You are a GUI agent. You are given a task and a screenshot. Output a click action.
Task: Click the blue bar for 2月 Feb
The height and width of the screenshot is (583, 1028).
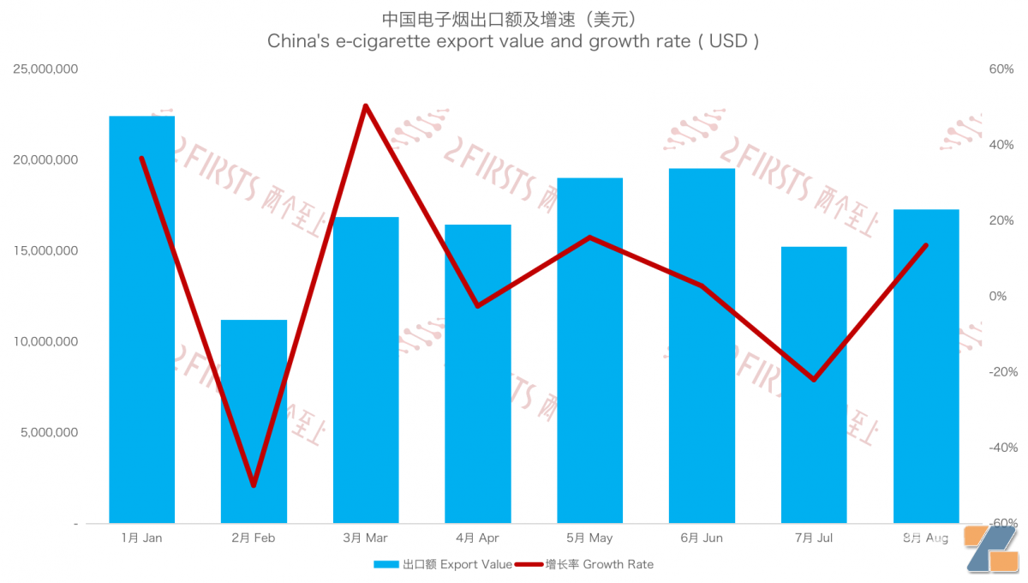(x=254, y=421)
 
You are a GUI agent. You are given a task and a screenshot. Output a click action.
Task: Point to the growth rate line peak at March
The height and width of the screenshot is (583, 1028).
(x=365, y=106)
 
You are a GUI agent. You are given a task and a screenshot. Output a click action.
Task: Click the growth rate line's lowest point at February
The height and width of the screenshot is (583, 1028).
(x=254, y=485)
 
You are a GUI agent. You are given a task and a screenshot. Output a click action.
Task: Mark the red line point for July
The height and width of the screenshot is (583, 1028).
(x=814, y=379)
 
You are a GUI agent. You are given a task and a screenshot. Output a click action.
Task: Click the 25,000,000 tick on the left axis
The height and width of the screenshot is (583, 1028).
(x=46, y=69)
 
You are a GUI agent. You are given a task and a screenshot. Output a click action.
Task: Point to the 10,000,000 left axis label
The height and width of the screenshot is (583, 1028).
(x=46, y=341)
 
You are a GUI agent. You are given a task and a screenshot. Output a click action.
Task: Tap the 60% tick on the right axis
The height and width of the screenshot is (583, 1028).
(x=1001, y=69)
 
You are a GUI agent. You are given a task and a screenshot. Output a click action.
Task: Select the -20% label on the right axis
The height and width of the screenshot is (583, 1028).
(x=1000, y=371)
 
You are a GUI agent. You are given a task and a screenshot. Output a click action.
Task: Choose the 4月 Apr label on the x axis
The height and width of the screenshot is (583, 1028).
(x=477, y=538)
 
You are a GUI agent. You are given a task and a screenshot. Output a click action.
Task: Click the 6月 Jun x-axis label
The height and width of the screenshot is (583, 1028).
(x=702, y=538)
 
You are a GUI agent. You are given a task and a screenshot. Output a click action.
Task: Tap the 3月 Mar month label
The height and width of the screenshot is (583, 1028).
(x=365, y=538)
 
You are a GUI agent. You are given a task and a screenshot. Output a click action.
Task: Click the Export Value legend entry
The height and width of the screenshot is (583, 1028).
(x=443, y=564)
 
